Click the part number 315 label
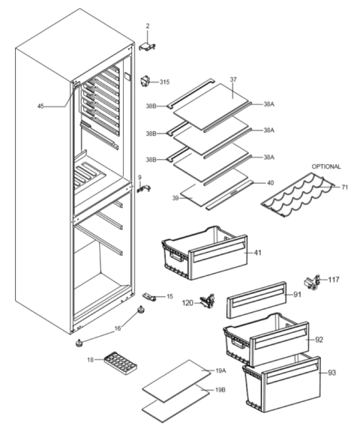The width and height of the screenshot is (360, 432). pyautogui.click(x=165, y=82)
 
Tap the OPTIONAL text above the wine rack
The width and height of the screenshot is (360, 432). pyautogui.click(x=326, y=166)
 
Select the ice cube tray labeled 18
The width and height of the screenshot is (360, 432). pyautogui.click(x=121, y=363)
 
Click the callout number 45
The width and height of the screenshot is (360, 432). pyautogui.click(x=40, y=106)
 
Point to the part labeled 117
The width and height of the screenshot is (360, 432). pyautogui.click(x=312, y=283)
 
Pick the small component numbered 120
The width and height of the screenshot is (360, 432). pyautogui.click(x=208, y=301)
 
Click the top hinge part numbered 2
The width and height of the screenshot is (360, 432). pyautogui.click(x=147, y=46)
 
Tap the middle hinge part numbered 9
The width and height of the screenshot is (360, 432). pyautogui.click(x=143, y=188)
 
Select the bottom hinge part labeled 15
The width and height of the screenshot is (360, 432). pyautogui.click(x=149, y=296)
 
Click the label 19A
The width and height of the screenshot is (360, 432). pyautogui.click(x=220, y=370)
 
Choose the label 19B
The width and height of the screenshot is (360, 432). pyautogui.click(x=220, y=390)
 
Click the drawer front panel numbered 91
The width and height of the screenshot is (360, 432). pyautogui.click(x=256, y=300)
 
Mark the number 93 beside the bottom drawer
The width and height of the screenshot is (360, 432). pyautogui.click(x=332, y=373)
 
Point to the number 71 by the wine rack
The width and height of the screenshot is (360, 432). pyautogui.click(x=344, y=187)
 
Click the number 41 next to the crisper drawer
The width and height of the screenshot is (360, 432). pyautogui.click(x=257, y=253)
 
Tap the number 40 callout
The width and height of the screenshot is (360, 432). pyautogui.click(x=271, y=183)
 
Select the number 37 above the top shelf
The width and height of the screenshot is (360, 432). pyautogui.click(x=233, y=79)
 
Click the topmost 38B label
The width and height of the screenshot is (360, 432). pyautogui.click(x=151, y=106)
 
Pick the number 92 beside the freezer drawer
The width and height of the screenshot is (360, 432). pyautogui.click(x=319, y=340)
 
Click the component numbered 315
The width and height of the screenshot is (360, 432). pyautogui.click(x=145, y=82)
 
